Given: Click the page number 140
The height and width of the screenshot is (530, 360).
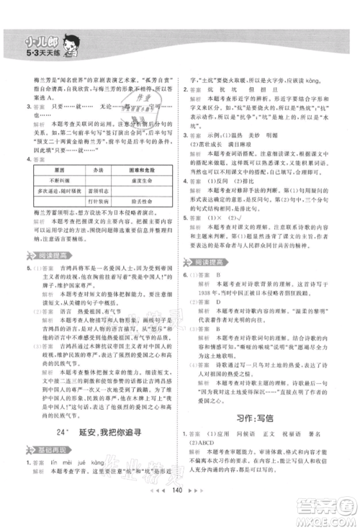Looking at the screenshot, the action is point(180,509).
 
